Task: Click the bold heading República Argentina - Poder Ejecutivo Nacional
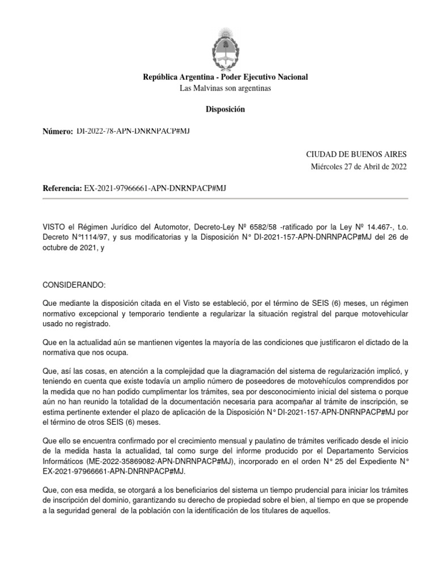[225, 77]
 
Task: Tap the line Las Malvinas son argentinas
[225, 88]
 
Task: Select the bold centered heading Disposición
[225, 109]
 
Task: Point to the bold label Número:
[58, 131]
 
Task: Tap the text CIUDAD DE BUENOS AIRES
[356, 155]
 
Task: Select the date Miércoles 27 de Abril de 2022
[359, 167]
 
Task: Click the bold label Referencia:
[62, 187]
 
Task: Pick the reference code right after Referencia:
[155, 187]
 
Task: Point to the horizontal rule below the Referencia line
[225, 199]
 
